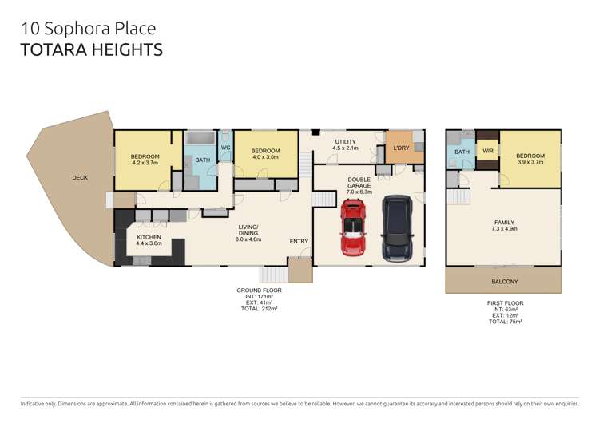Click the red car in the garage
click(353, 227)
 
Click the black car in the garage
click(397, 228)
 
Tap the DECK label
click(80, 177)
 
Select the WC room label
click(225, 148)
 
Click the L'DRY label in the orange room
click(401, 148)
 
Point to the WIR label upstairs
click(488, 151)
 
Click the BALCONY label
click(504, 282)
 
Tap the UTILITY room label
click(345, 141)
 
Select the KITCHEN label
click(149, 237)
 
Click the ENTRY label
click(299, 241)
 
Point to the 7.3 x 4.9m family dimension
click(504, 229)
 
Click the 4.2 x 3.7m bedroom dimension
click(145, 163)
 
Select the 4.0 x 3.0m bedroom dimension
click(265, 157)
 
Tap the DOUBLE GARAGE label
click(359, 183)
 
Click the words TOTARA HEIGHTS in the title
click(92, 50)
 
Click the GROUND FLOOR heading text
click(259, 291)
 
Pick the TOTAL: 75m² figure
click(505, 322)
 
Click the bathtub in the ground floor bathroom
click(200, 138)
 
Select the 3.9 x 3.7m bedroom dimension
click(530, 162)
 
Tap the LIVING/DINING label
click(248, 230)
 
